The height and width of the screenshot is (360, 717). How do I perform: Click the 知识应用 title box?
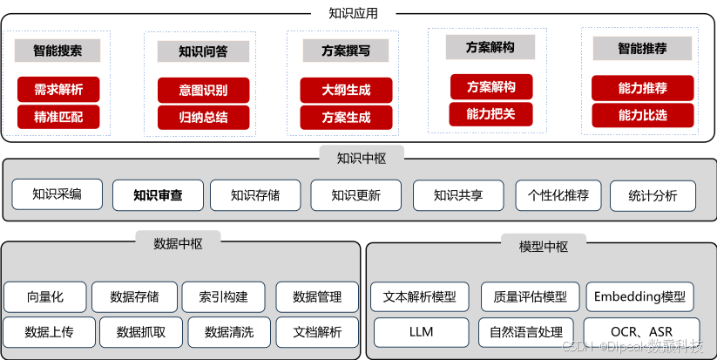[353, 13]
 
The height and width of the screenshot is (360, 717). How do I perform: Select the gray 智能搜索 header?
[58, 51]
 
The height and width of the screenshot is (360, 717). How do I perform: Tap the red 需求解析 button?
[58, 89]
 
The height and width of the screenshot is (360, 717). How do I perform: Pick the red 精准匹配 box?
[58, 116]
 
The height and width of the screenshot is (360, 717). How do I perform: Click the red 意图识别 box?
[203, 90]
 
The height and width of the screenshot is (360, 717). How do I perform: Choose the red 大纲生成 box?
[346, 90]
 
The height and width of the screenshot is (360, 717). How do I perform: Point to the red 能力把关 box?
[490, 113]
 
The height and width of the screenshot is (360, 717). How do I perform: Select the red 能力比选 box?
[642, 114]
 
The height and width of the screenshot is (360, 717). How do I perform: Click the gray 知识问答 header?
[203, 51]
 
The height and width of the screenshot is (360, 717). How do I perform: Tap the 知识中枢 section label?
[361, 158]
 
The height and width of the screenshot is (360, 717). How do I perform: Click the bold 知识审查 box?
[158, 195]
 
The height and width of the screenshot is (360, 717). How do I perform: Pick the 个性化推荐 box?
[558, 195]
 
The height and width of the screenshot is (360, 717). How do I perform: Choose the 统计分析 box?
[653, 195]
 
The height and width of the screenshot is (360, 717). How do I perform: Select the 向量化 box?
[45, 297]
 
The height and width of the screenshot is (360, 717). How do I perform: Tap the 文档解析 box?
[317, 331]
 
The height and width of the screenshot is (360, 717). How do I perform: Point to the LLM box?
[421, 332]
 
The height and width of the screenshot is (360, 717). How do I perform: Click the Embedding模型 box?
[639, 297]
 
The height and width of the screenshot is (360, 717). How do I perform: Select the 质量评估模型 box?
[530, 297]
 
